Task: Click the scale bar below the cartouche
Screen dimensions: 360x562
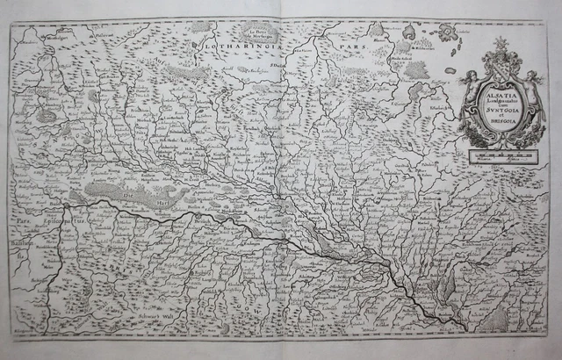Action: pos(498,159)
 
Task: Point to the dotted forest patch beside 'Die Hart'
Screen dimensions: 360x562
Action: pos(110,189)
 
